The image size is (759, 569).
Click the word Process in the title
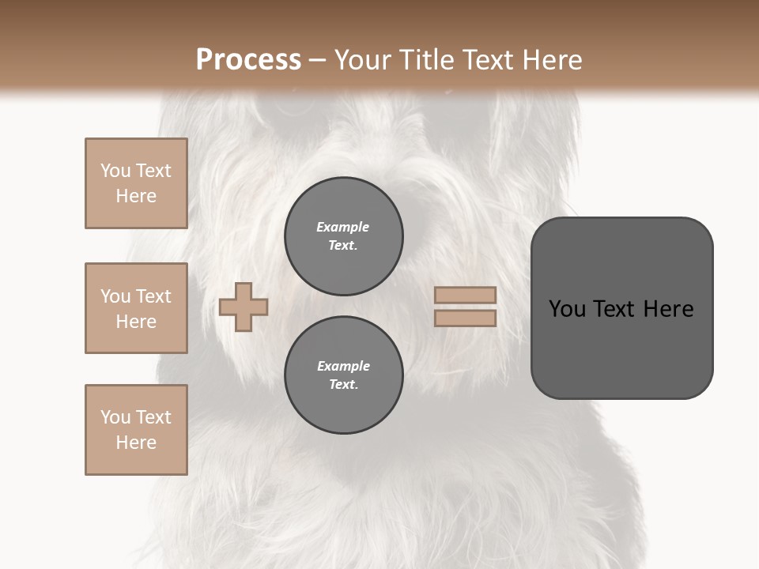click(x=248, y=60)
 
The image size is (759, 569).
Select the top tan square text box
click(x=136, y=183)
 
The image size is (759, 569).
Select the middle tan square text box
click(x=136, y=308)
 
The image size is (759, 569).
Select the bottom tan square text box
click(x=136, y=430)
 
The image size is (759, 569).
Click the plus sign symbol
click(x=244, y=307)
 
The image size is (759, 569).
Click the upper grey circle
click(x=344, y=236)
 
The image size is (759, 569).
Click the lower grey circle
click(x=344, y=375)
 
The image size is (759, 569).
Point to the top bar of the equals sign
click(x=465, y=296)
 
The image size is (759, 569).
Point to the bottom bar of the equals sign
click(x=465, y=318)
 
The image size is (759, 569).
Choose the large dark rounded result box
click(x=621, y=308)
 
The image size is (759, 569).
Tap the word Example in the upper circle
click(x=343, y=227)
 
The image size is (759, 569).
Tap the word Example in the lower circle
click(x=343, y=366)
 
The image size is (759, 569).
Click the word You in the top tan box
click(x=115, y=171)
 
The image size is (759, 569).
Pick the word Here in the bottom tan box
click(x=136, y=443)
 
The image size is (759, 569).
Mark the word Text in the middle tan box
click(x=153, y=296)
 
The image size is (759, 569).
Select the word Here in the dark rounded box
click(x=669, y=309)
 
